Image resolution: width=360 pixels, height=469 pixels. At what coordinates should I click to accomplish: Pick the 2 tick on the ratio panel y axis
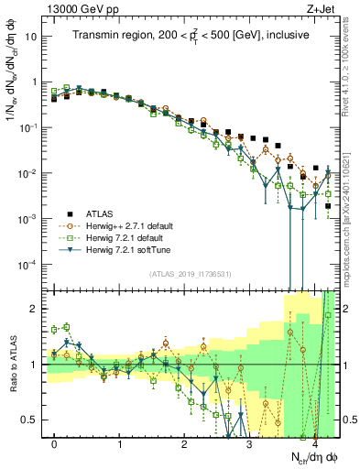[x=34, y=309]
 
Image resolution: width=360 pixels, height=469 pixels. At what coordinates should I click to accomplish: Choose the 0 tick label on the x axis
[x=55, y=443]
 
